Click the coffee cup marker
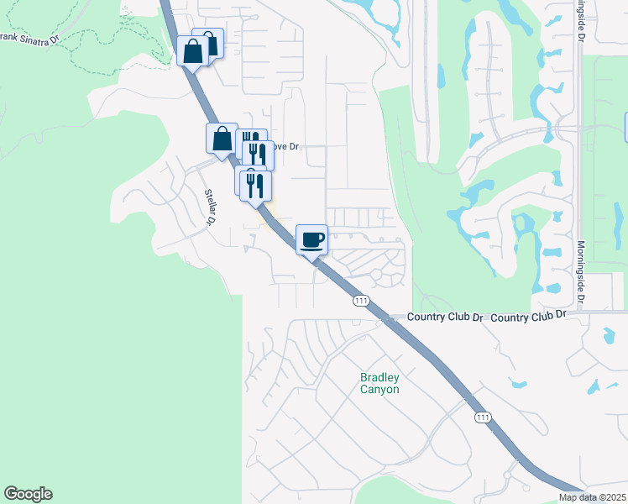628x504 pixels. click(311, 240)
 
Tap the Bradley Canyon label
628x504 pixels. click(379, 383)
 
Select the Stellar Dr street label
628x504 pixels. click(209, 207)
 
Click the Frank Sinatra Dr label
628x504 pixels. click(30, 38)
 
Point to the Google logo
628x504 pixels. click(28, 494)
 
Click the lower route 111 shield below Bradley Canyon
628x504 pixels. click(482, 417)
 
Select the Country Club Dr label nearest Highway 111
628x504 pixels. click(446, 318)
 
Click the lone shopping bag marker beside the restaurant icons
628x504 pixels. click(222, 139)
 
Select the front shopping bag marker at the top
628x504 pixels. click(193, 52)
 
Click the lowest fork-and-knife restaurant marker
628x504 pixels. click(256, 186)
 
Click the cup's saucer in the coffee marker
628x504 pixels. click(311, 247)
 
